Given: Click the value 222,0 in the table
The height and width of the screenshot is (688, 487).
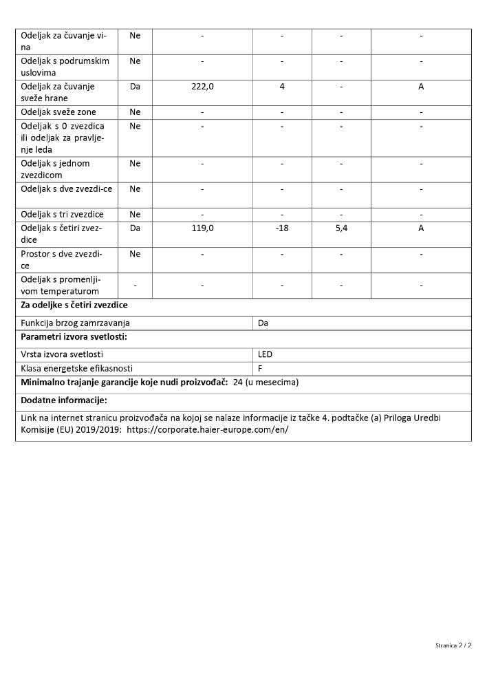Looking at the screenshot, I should point(202,87).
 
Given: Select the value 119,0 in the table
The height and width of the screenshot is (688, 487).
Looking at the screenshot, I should point(202,228).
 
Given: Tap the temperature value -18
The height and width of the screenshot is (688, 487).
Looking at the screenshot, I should point(282,228).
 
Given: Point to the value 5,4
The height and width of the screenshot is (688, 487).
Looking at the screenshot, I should point(341,228).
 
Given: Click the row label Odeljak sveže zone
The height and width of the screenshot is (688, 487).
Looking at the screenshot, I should point(58,112).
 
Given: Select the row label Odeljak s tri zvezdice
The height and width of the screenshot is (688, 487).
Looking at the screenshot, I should point(62,215).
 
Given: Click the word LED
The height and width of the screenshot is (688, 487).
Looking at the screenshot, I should point(265,354).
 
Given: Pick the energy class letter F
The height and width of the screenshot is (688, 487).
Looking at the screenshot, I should point(260,369).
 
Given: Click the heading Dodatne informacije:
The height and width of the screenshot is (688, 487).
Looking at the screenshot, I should point(64,400).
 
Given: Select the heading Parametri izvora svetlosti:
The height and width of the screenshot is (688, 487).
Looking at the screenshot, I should point(74,337).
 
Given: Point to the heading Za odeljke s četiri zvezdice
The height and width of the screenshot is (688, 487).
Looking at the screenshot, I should point(74,305).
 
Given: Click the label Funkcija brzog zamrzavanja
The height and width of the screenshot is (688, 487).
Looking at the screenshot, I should point(75,323).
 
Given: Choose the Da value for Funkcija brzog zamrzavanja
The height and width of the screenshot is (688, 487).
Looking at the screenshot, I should point(263,323).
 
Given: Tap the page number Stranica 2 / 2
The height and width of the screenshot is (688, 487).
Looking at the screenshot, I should point(453,645).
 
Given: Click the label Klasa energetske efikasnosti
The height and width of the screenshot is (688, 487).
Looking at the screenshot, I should point(76,369).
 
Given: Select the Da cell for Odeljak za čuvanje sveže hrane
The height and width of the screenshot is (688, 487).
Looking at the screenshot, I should point(135,87).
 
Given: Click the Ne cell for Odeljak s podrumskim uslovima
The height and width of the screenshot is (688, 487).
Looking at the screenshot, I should point(135,61).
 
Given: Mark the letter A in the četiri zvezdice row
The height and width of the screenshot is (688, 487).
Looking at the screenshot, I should point(421,228).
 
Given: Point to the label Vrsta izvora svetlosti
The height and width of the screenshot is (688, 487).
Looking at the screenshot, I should point(63,354).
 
